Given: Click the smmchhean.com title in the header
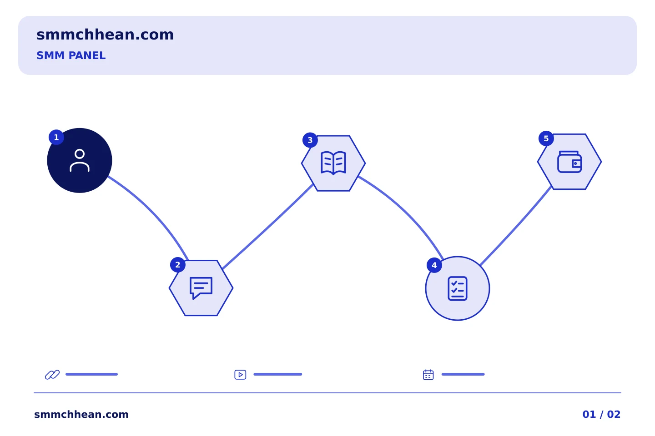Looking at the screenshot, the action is pyautogui.click(x=105, y=35).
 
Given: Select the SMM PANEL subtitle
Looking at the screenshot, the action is pyautogui.click(x=71, y=55).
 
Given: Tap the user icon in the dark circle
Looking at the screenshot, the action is pyautogui.click(x=80, y=160).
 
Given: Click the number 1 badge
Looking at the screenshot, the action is pyautogui.click(x=56, y=137).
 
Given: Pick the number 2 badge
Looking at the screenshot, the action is pyautogui.click(x=178, y=265).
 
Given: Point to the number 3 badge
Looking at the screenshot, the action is pyautogui.click(x=310, y=140).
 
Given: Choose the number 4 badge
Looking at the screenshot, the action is pyautogui.click(x=434, y=265).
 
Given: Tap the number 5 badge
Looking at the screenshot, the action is pyautogui.click(x=546, y=139).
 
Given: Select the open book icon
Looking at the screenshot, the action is pyautogui.click(x=333, y=163).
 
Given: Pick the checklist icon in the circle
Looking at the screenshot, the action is pyautogui.click(x=458, y=288).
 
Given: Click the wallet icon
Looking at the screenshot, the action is pyautogui.click(x=569, y=162).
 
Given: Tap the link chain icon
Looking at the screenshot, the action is pyautogui.click(x=52, y=375).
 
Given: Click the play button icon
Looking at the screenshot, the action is pyautogui.click(x=240, y=375).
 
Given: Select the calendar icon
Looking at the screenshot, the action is pyautogui.click(x=428, y=375).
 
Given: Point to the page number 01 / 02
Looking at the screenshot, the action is pyautogui.click(x=601, y=414).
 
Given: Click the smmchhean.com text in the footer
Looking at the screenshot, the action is pyautogui.click(x=81, y=414).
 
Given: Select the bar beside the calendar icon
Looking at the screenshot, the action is pyautogui.click(x=463, y=374).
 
